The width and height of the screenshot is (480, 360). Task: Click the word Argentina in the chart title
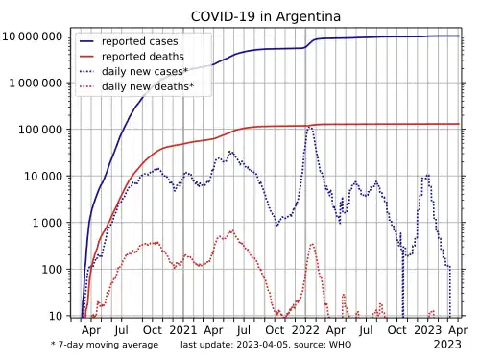coord(308,16)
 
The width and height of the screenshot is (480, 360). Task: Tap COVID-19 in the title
coord(224,16)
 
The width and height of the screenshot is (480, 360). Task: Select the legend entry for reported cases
coord(139,41)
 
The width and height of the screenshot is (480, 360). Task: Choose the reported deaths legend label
coord(143,57)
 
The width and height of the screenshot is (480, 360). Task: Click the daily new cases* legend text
coord(145,71)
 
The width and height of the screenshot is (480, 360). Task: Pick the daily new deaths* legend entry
coord(148,86)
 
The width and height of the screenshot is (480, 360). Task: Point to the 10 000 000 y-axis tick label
coord(33,36)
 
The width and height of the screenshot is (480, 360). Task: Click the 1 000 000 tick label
coord(36,84)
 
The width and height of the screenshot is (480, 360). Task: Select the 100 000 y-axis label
coord(40,130)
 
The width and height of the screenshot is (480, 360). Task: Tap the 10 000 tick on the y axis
coord(43,176)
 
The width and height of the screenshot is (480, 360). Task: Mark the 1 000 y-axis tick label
coord(47,223)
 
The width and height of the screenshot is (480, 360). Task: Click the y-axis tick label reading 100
coord(52,270)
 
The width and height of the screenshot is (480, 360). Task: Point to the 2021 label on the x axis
coord(183,330)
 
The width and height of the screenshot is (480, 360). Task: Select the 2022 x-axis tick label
coord(305,330)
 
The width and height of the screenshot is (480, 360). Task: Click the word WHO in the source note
coord(340,345)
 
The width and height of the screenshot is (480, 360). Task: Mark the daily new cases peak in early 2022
coord(309,127)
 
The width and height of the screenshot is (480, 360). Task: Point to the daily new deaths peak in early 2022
coord(312,245)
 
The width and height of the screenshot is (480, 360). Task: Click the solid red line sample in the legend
coord(86,57)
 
